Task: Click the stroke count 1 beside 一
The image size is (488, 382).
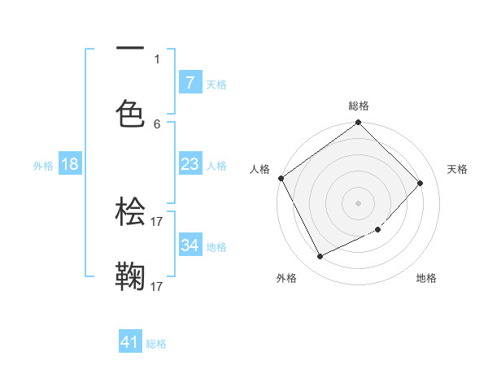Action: tap(157, 59)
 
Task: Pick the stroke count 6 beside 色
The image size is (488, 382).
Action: tap(157, 124)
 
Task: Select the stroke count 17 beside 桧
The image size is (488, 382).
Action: tap(157, 221)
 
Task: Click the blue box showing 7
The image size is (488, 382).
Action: tap(190, 83)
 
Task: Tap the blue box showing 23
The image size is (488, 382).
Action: tap(190, 164)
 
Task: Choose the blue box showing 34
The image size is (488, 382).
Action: tap(190, 245)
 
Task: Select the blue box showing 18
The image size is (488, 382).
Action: tap(70, 164)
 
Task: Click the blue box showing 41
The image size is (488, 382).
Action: tap(130, 343)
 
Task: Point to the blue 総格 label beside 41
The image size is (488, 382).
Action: tap(156, 344)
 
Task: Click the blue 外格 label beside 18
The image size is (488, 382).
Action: tap(43, 165)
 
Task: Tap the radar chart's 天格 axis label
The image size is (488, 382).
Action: tap(458, 169)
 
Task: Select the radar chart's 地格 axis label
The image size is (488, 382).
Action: tap(426, 278)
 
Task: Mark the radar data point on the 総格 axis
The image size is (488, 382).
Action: tap(358, 123)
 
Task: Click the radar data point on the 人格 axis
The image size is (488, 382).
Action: tap(281, 178)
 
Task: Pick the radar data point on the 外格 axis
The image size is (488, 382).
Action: tap(320, 257)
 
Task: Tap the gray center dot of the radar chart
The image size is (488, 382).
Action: tap(358, 202)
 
